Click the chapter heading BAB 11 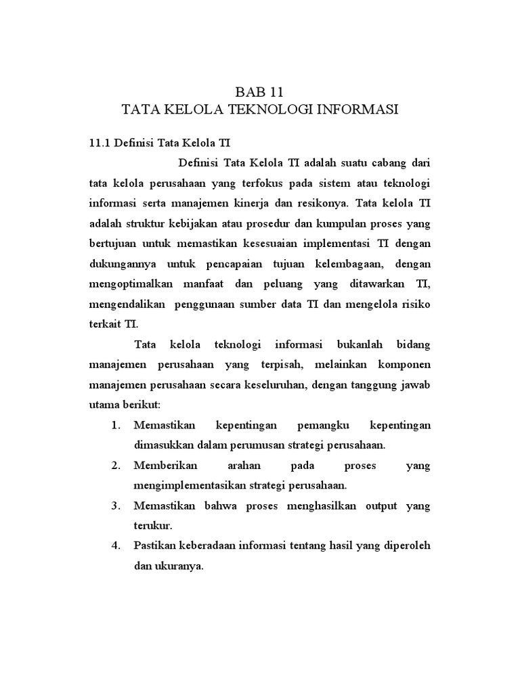point(260,91)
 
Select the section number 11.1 point(100,143)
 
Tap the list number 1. point(116,425)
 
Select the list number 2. point(116,466)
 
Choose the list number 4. point(116,546)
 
